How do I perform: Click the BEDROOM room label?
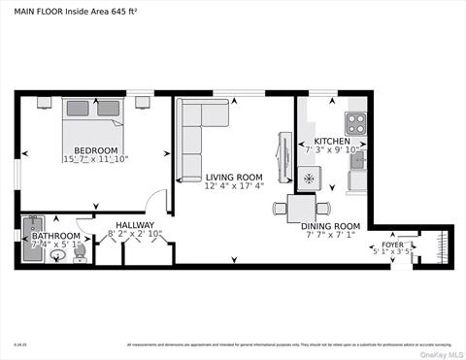click(96, 150)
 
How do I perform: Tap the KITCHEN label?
click(332, 141)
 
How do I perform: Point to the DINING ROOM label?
click(332, 224)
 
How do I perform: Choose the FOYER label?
click(392, 245)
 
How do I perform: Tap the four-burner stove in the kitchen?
click(356, 123)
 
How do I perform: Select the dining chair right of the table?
click(322, 207)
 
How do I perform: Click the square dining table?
click(301, 207)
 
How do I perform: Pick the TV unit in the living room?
click(283, 155)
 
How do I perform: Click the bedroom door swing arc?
click(153, 201)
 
